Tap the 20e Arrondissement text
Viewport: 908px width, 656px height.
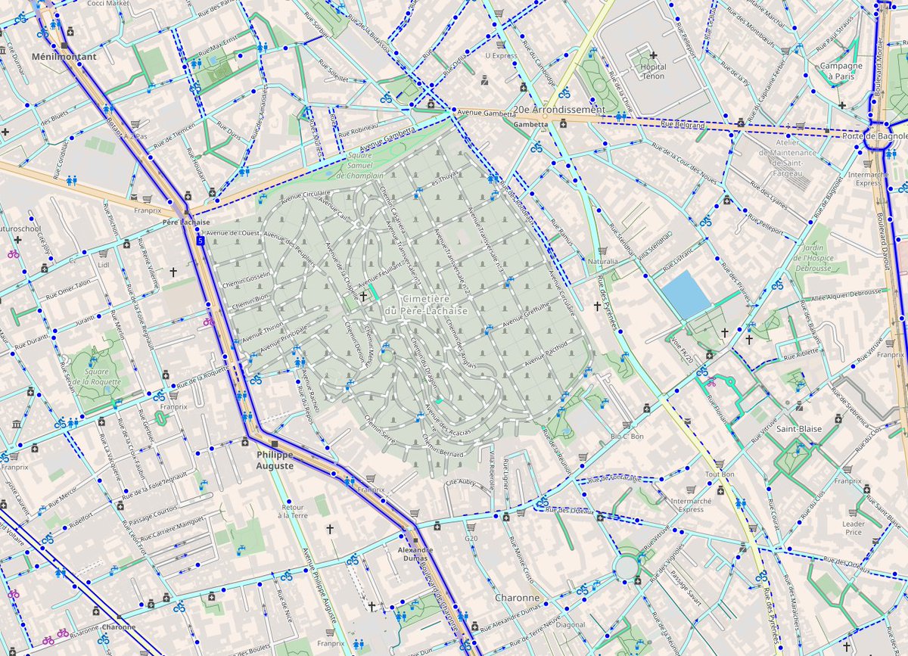[558, 109]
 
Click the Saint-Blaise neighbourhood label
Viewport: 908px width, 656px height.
[794, 429]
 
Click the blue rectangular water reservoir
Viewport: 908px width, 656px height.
[686, 294]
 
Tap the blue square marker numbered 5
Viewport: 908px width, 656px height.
[200, 241]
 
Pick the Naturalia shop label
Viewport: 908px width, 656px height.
[602, 261]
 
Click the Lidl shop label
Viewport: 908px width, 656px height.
[104, 265]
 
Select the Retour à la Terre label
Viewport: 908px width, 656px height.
[293, 511]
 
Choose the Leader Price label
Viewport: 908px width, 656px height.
[853, 527]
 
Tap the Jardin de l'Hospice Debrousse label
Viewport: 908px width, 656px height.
[813, 256]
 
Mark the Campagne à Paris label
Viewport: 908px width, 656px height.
[841, 70]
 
